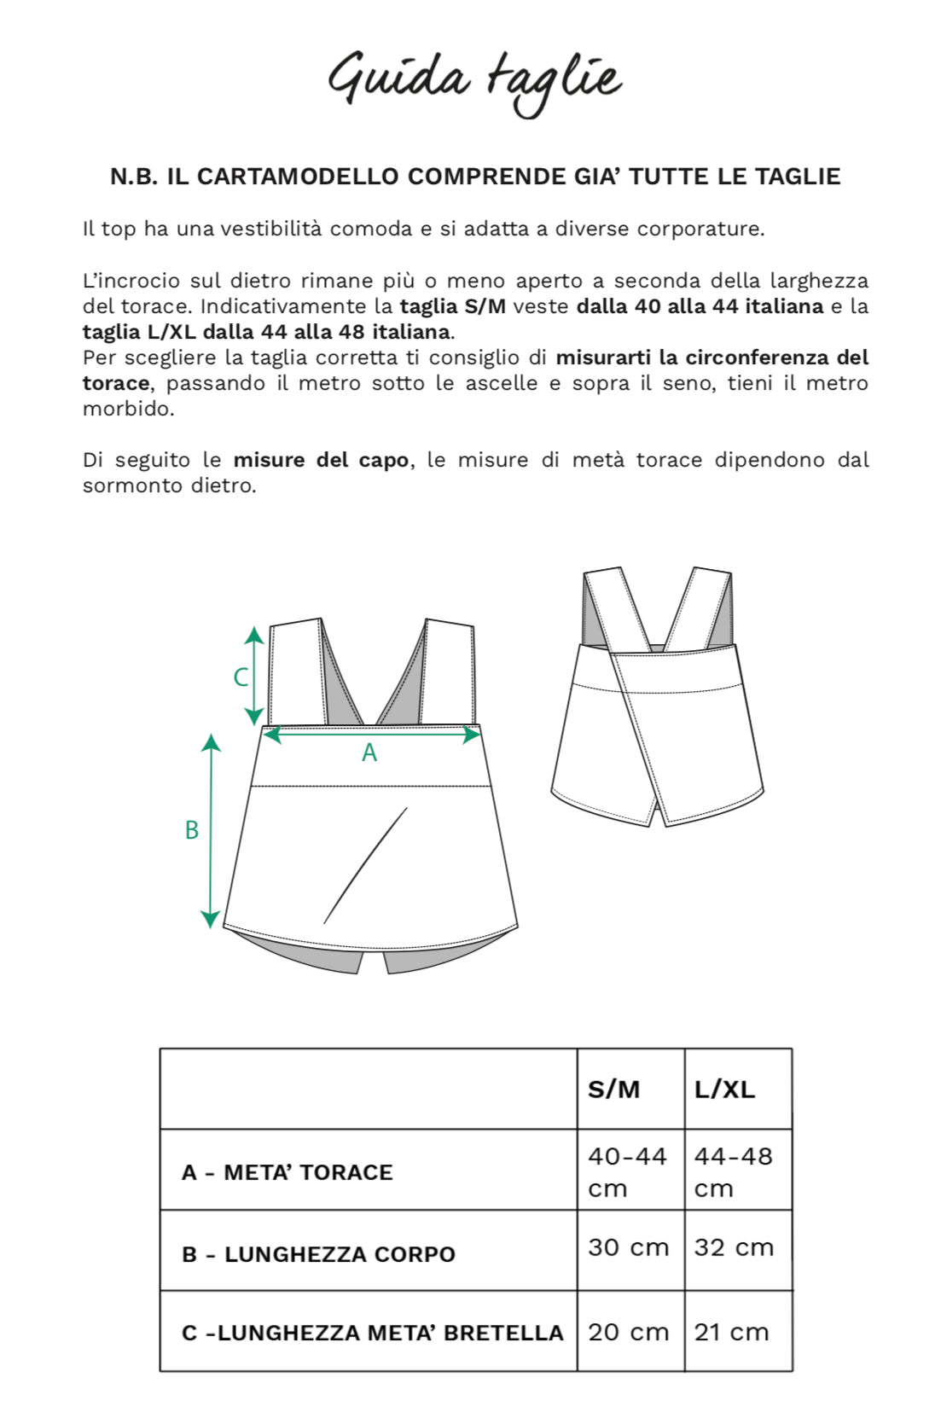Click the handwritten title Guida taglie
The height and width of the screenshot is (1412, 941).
pyautogui.click(x=474, y=81)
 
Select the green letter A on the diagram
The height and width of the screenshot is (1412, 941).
pyautogui.click(x=369, y=752)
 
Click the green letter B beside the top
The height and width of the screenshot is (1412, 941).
pyautogui.click(x=192, y=829)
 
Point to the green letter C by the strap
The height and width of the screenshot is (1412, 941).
pyautogui.click(x=241, y=677)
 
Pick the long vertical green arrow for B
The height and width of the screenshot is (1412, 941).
pyautogui.click(x=211, y=829)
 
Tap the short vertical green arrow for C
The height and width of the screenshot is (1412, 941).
pyautogui.click(x=254, y=675)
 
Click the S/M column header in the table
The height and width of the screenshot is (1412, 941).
pyautogui.click(x=613, y=1090)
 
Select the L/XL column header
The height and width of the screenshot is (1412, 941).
pyautogui.click(x=724, y=1090)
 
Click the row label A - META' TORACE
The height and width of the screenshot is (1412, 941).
pyautogui.click(x=287, y=1172)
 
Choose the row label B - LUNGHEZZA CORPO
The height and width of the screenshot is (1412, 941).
pyautogui.click(x=318, y=1254)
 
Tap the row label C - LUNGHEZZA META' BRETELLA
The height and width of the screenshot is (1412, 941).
pyautogui.click(x=373, y=1333)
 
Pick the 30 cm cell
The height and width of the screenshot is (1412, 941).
pyautogui.click(x=628, y=1247)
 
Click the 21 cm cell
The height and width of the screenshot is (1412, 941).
pyautogui.click(x=731, y=1332)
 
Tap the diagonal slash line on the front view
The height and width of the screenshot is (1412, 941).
pyautogui.click(x=366, y=864)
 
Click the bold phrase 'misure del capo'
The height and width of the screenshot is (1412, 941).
pyautogui.click(x=321, y=460)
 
